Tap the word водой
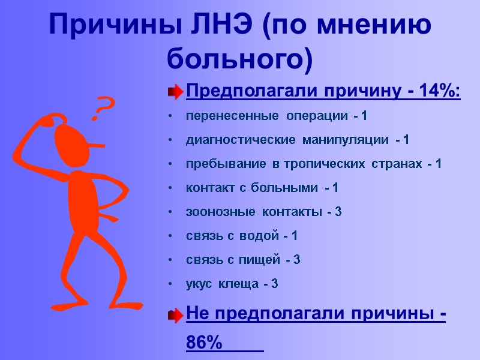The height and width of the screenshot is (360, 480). point(257,236)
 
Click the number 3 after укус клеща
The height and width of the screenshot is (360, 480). point(275,284)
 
